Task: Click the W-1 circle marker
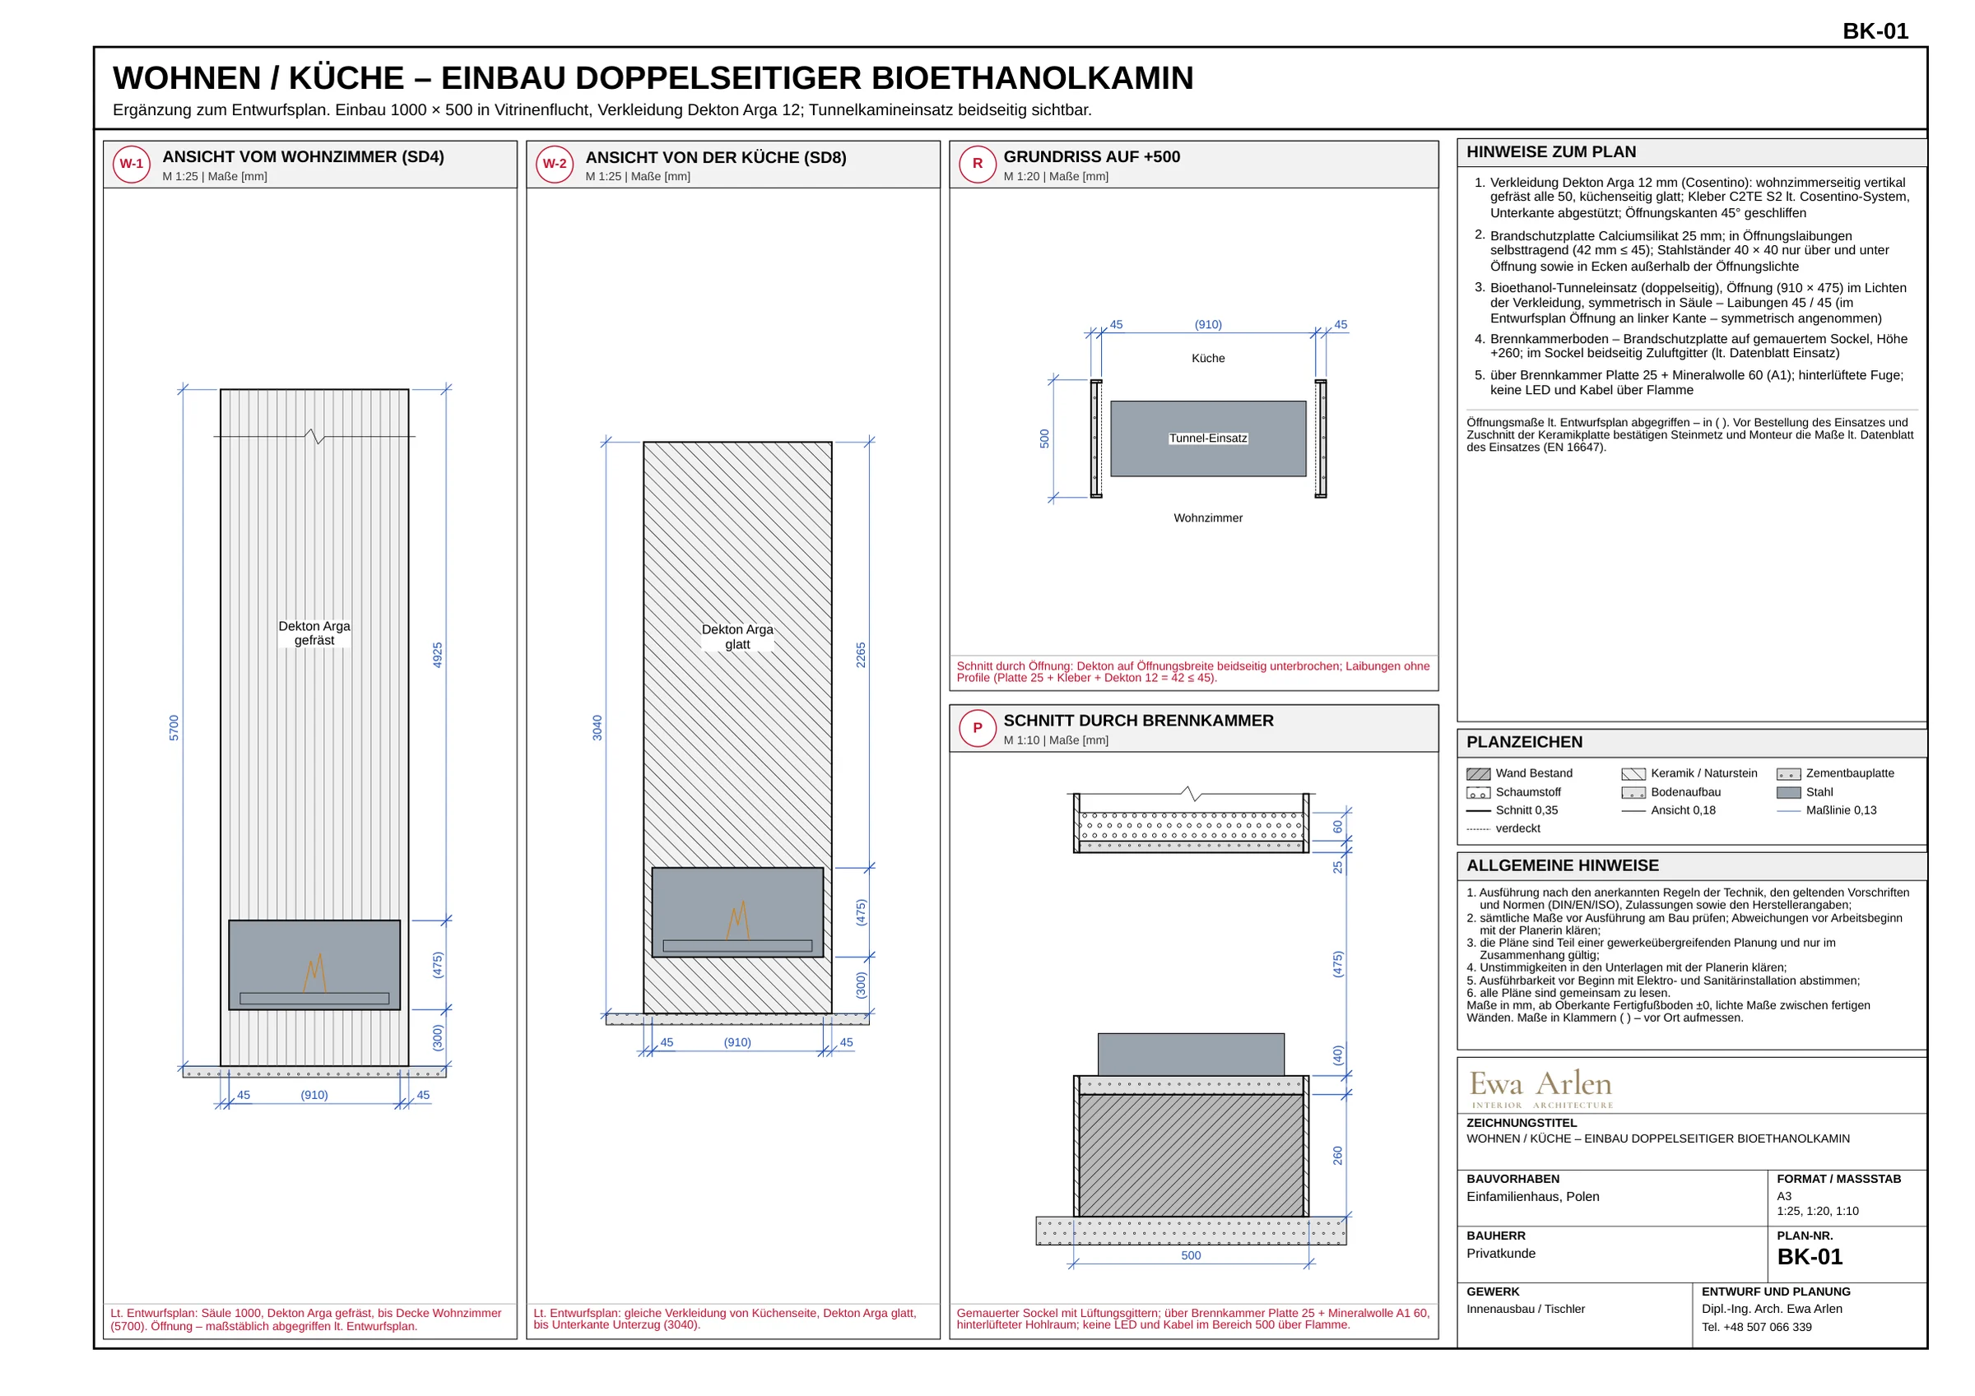[x=132, y=165]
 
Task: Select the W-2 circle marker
[x=555, y=165]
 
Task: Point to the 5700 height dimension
[x=174, y=728]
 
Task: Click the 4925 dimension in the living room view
[x=438, y=656]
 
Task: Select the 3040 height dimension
[x=597, y=728]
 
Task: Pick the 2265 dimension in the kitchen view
[x=861, y=656]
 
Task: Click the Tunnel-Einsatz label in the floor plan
[x=1208, y=438]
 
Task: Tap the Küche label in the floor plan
[x=1208, y=359]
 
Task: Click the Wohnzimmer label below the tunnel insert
[x=1208, y=517]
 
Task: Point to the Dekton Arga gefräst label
[x=315, y=633]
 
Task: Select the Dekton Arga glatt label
[x=737, y=637]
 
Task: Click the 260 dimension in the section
[x=1337, y=1156]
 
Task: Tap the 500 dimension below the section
[x=1191, y=1256]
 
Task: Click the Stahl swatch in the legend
[x=1788, y=792]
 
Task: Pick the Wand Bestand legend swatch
[x=1478, y=774]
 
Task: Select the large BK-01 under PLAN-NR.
[x=1810, y=1258]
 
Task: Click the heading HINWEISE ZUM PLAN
[x=1551, y=152]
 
